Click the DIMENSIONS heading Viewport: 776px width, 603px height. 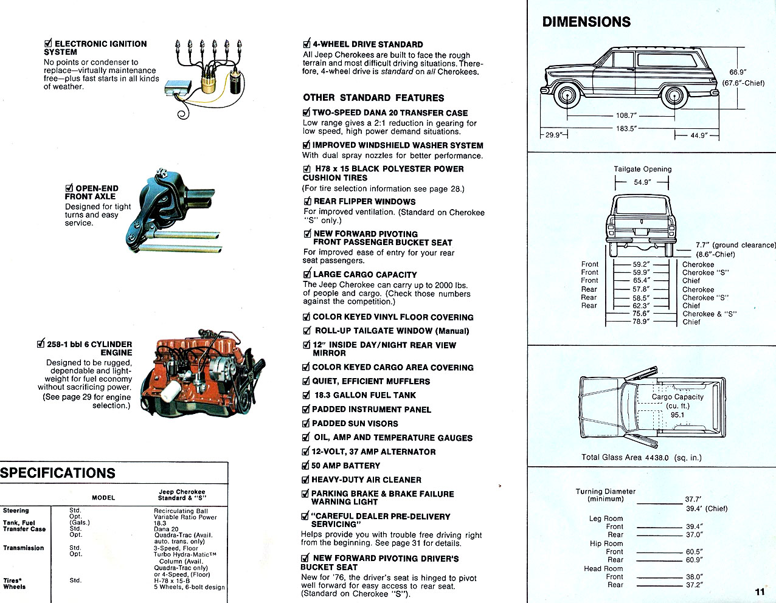pos(586,22)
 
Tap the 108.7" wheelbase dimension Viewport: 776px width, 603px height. pos(626,115)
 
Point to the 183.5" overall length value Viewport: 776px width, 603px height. pos(626,129)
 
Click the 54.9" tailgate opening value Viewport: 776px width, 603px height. pos(642,182)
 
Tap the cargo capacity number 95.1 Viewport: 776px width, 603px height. pos(677,415)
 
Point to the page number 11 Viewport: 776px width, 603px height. pos(760,591)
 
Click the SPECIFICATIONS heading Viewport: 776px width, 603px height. pos(58,473)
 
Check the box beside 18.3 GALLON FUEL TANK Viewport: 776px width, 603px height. pos(307,395)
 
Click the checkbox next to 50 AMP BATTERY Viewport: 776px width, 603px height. pos(305,466)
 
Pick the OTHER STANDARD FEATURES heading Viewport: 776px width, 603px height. pos(373,98)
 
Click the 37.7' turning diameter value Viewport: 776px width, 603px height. pos(693,500)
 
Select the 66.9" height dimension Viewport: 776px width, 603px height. pos(737,72)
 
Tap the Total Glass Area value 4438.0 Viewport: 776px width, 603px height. pos(657,458)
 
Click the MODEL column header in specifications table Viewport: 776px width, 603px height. pos(103,497)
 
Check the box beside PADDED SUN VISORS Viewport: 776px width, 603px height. pos(306,424)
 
